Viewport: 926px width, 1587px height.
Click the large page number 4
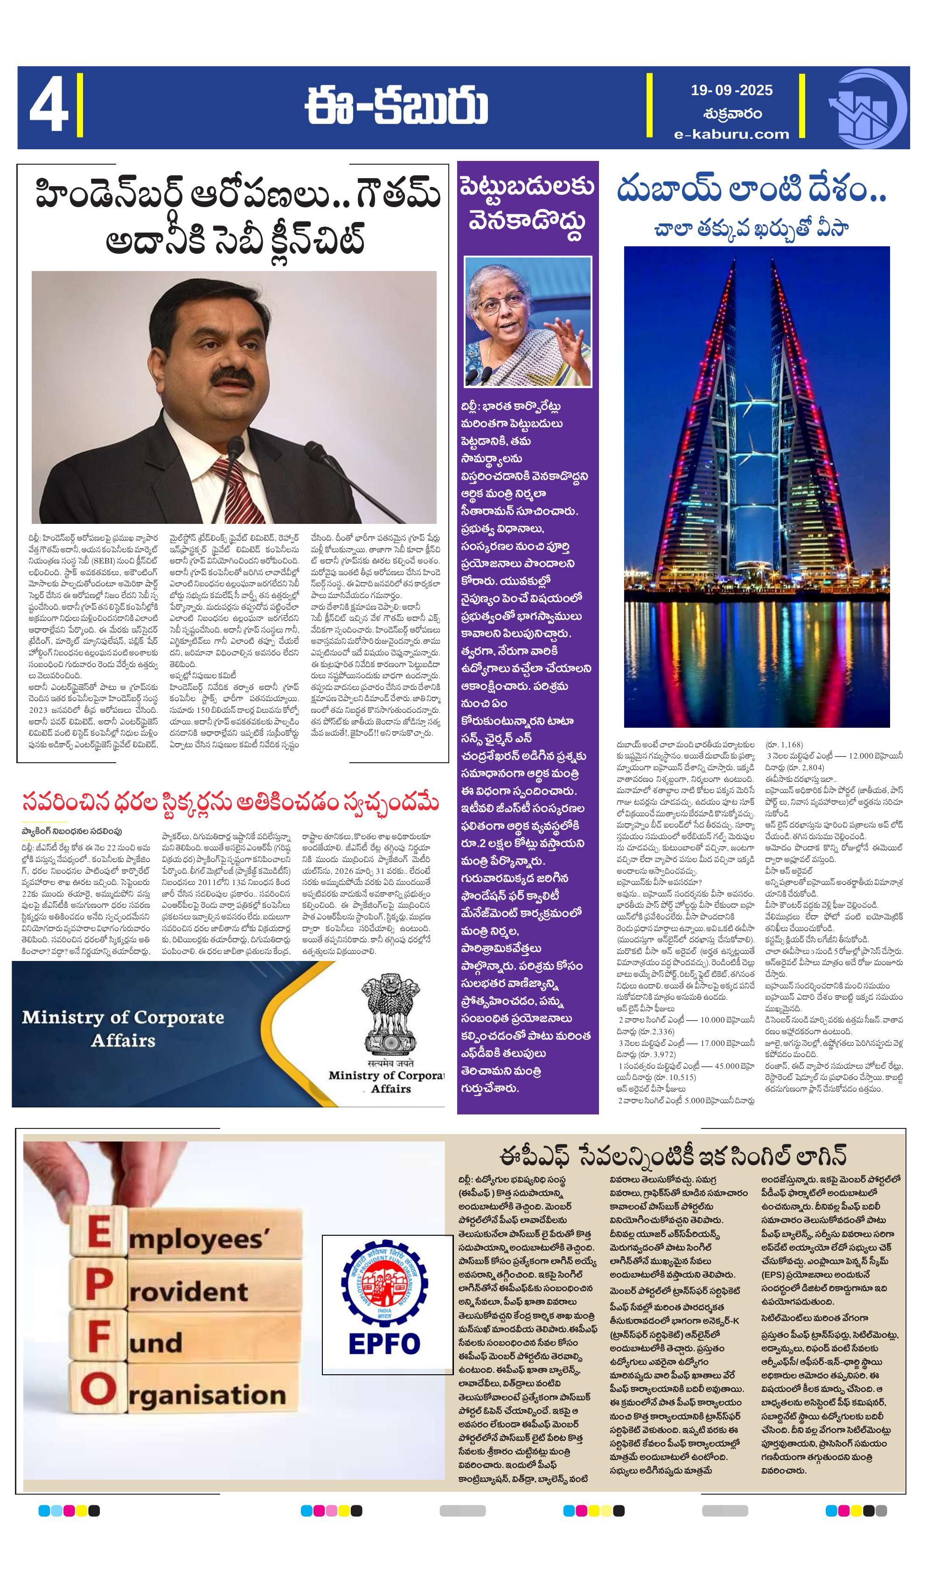48,108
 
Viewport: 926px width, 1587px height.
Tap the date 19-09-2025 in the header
731,90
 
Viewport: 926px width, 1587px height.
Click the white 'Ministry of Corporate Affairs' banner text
123,1029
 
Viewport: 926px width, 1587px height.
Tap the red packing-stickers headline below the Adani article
230,804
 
